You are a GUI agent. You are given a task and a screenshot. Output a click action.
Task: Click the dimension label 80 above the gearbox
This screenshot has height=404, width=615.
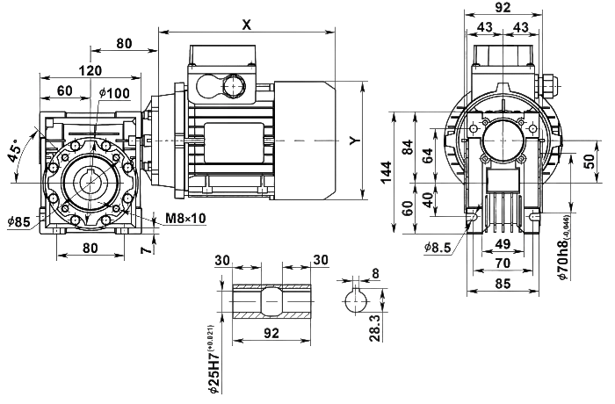[x=125, y=42]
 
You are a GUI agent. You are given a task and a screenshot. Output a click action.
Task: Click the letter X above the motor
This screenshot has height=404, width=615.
[x=247, y=25]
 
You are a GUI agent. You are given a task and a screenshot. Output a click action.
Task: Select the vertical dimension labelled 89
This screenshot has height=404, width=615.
[x=406, y=148]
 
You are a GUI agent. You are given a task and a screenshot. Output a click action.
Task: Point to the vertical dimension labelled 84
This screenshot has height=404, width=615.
[x=426, y=156]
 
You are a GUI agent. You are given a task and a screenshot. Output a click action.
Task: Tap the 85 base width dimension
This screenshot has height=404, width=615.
[x=503, y=284]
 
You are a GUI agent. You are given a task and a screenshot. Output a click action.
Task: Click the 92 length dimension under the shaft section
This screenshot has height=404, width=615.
[x=271, y=333]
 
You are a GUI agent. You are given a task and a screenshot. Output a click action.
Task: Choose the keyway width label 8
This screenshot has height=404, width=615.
[x=376, y=272]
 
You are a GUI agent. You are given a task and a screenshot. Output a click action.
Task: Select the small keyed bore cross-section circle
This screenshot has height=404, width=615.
[x=356, y=299]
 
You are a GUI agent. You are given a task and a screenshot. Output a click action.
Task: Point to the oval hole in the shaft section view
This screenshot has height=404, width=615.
[x=271, y=299]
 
